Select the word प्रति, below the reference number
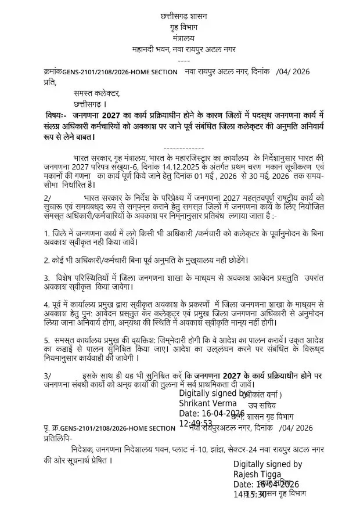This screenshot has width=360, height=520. click(51, 82)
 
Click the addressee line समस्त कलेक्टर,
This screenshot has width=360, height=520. click(96, 93)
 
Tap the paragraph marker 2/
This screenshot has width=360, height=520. click(48, 198)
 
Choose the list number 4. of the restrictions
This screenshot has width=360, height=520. click(47, 304)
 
